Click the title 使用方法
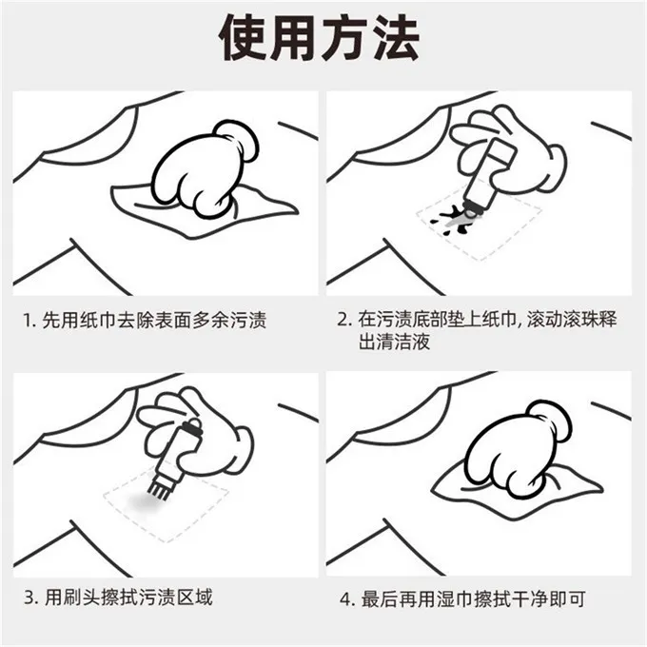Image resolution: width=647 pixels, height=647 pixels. click(x=320, y=38)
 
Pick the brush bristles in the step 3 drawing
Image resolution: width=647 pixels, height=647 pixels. click(x=159, y=487)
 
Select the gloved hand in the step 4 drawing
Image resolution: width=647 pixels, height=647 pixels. click(x=519, y=449)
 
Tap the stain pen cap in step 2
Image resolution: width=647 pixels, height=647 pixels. click(x=500, y=151)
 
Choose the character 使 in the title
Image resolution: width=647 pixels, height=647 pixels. click(x=244, y=38)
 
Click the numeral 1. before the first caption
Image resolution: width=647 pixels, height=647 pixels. click(x=29, y=321)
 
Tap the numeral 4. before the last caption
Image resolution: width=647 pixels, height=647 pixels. click(x=347, y=599)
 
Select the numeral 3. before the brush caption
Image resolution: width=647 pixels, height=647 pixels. click(x=30, y=598)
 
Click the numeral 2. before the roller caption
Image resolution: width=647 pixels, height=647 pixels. click(x=344, y=320)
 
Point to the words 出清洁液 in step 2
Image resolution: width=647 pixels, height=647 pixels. click(x=394, y=342)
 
